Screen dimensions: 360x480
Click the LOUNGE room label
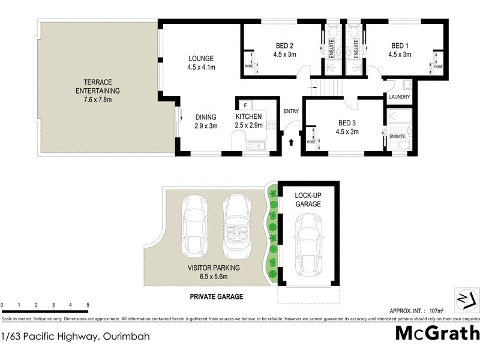201,58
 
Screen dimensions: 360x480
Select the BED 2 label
284,46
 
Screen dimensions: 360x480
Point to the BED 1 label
400,46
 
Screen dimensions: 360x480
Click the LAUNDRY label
399,97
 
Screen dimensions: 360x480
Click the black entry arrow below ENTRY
292,143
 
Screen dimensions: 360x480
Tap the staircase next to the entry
327,89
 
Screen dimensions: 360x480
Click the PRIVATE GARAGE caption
217,296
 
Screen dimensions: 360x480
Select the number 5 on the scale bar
88,305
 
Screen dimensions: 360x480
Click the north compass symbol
466,300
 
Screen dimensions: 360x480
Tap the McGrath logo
437,334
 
